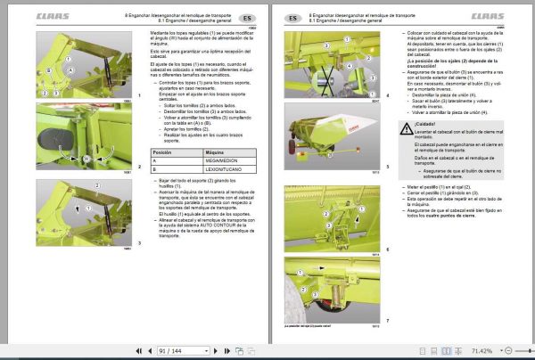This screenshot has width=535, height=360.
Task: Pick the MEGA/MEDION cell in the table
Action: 213,161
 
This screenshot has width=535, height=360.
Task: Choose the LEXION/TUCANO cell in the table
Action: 215,169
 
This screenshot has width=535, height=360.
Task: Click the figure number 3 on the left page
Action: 138,242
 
